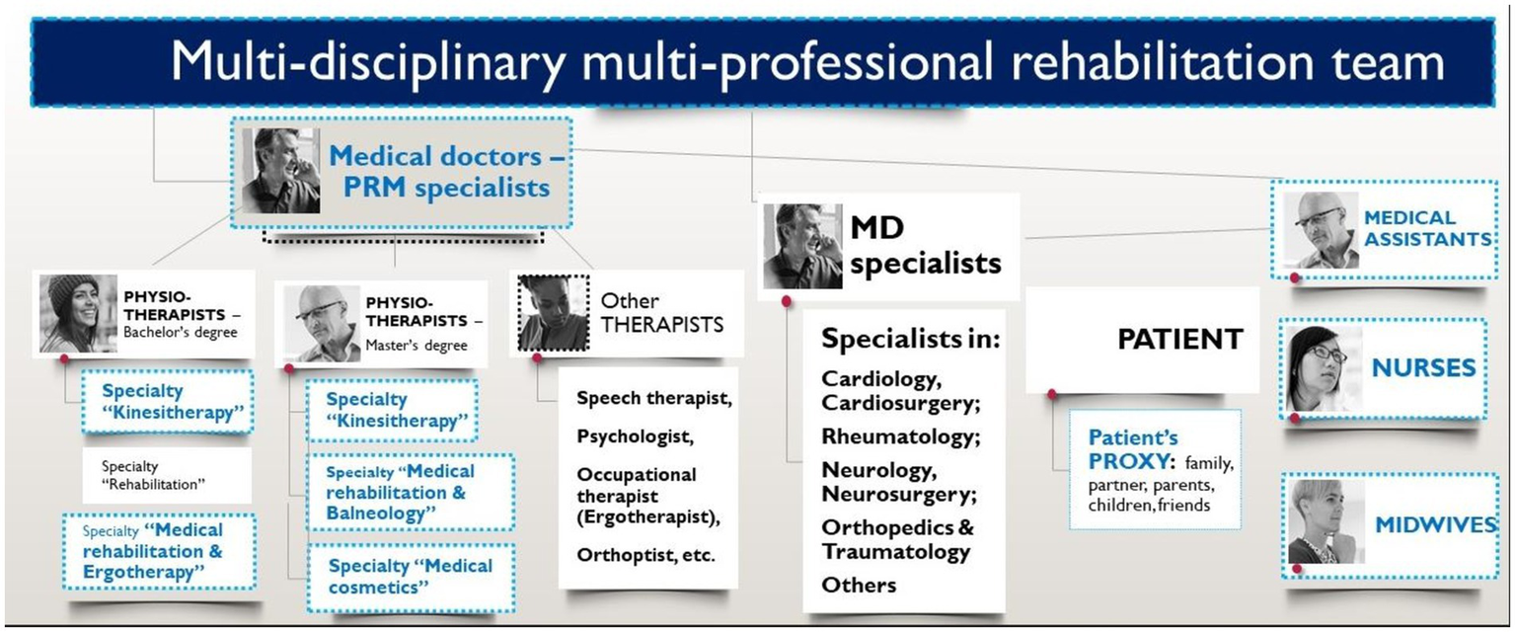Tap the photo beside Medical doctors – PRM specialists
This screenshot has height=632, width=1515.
[280, 170]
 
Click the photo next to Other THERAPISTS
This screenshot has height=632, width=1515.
[554, 314]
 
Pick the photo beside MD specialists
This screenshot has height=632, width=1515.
[802, 247]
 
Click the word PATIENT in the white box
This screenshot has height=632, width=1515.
[1179, 339]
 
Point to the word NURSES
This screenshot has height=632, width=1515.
[1423, 368]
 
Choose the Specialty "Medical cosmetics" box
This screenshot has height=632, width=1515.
[410, 577]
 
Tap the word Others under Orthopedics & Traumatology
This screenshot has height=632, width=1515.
[859, 584]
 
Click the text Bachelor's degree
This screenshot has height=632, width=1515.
[180, 332]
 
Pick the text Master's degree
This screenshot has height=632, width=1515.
[416, 345]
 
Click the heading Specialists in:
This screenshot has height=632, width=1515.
[911, 339]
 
